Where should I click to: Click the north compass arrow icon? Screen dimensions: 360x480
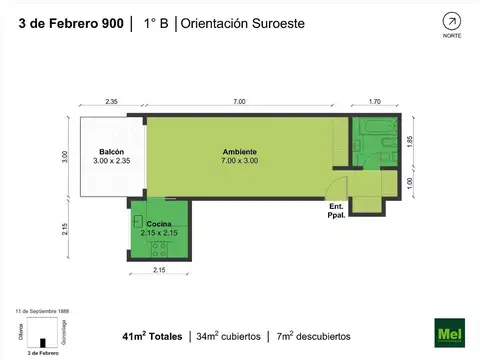pos(452,20)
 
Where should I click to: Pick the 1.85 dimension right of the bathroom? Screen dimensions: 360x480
pos(409,142)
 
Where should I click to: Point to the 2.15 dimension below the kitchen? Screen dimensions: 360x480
pos(158,271)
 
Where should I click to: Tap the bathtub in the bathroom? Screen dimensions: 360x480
pos(374,127)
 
